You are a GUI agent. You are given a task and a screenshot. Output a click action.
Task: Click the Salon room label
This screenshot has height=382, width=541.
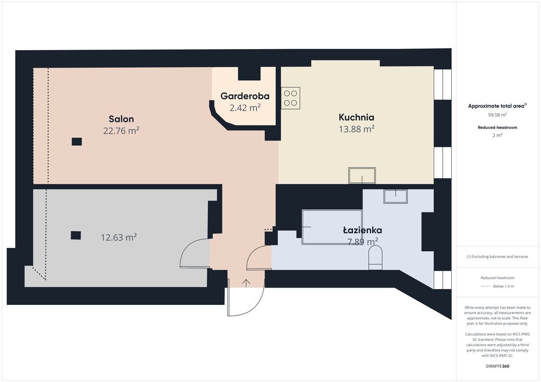click(x=121, y=119)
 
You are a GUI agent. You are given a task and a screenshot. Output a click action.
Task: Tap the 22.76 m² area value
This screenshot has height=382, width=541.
click(x=121, y=131)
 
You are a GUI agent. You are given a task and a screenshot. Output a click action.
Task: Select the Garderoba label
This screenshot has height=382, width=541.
click(x=245, y=96)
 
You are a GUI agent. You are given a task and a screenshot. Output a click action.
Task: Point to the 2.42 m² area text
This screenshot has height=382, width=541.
click(x=245, y=108)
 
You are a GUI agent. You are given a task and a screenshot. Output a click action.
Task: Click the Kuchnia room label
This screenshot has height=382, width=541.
click(x=357, y=118)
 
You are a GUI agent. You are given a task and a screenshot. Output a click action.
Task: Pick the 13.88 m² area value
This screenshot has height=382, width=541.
click(x=357, y=129)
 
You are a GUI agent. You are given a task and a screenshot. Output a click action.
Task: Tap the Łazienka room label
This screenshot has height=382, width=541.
click(x=362, y=230)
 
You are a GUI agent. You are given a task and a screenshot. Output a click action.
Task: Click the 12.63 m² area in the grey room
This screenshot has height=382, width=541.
click(x=119, y=237)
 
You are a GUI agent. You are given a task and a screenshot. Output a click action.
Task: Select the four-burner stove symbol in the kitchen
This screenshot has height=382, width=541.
click(x=291, y=98)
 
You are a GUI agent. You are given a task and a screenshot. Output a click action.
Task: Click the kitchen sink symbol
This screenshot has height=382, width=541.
click(x=362, y=176)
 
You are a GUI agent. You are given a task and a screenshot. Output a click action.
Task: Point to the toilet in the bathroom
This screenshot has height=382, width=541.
click(x=376, y=257)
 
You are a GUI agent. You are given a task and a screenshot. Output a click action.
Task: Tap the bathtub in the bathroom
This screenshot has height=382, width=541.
click(x=332, y=227)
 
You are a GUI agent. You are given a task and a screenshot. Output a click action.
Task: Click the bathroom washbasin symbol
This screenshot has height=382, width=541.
click(x=395, y=196)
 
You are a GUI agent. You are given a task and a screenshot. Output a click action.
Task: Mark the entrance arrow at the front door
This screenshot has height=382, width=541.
click(x=246, y=283)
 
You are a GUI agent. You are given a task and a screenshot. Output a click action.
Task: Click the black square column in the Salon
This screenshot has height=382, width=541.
click(x=77, y=141)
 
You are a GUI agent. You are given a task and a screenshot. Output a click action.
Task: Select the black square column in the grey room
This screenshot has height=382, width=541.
click(x=76, y=235)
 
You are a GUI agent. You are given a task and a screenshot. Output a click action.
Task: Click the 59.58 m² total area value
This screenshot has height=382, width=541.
click(x=497, y=115)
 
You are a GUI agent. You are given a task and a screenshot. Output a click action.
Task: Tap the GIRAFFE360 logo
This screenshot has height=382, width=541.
click(x=497, y=366)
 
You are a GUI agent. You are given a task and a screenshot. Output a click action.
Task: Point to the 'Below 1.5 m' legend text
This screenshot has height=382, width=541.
click(x=503, y=286)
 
